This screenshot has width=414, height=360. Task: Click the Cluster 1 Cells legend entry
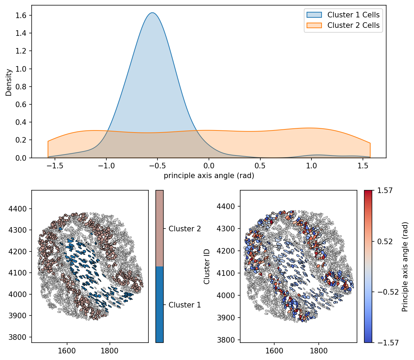[353, 15]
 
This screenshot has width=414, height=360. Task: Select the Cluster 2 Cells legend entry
[353, 25]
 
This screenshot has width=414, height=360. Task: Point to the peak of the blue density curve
[152, 13]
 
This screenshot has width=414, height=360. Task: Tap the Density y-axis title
[9, 82]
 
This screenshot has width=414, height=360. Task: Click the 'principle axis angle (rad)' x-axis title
[209, 176]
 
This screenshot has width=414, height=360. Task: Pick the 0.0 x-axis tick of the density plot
[209, 166]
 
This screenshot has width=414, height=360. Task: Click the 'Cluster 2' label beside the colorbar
[185, 229]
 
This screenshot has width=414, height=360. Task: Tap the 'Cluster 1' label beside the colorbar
[185, 305]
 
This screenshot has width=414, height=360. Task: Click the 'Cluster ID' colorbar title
[207, 266]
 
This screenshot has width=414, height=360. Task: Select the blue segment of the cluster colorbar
[160, 304]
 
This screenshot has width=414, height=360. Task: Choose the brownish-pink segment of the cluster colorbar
[160, 228]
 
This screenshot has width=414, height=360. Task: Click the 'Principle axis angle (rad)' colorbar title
[405, 266]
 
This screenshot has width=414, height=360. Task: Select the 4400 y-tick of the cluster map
[20, 209]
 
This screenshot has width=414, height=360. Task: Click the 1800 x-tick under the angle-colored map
[318, 350]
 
